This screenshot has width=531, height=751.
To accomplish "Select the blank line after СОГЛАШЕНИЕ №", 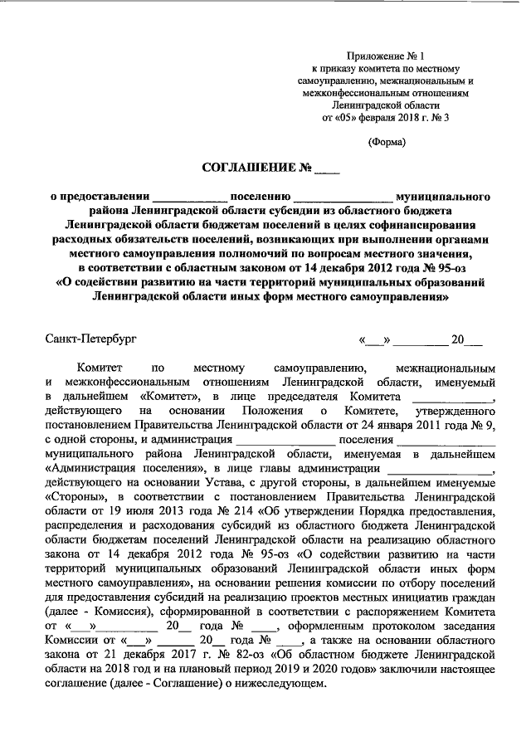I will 327,171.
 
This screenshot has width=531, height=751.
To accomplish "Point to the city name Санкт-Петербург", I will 90,339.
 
